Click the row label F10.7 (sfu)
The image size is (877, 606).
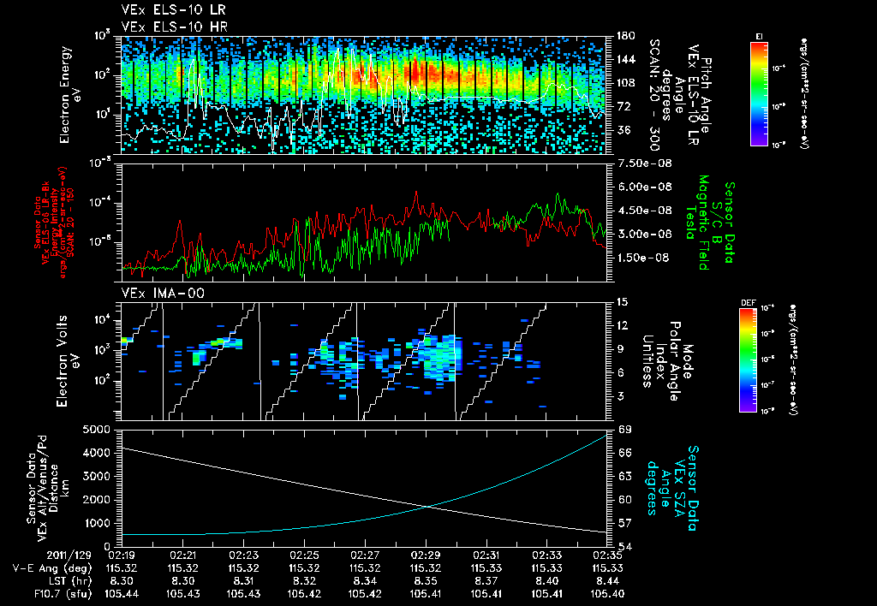34,594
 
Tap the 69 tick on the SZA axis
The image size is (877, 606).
624,428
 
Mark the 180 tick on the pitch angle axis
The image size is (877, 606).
624,36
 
